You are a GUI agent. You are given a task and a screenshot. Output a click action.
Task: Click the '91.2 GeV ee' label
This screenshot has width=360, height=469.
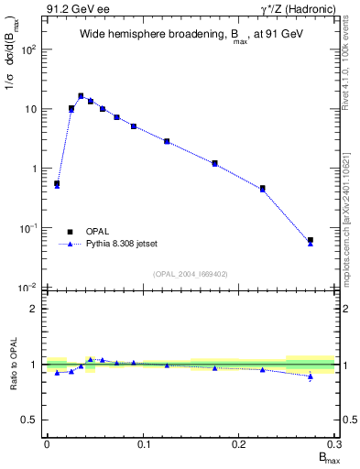click(x=73, y=8)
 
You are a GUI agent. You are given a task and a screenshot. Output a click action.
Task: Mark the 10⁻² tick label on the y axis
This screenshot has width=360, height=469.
click(x=28, y=288)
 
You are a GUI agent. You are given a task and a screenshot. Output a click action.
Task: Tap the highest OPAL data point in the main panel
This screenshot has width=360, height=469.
click(x=81, y=95)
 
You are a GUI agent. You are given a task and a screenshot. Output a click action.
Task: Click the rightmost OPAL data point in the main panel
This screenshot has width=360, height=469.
click(x=311, y=240)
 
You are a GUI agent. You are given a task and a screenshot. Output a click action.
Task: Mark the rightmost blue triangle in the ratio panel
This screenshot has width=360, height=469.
click(x=311, y=376)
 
